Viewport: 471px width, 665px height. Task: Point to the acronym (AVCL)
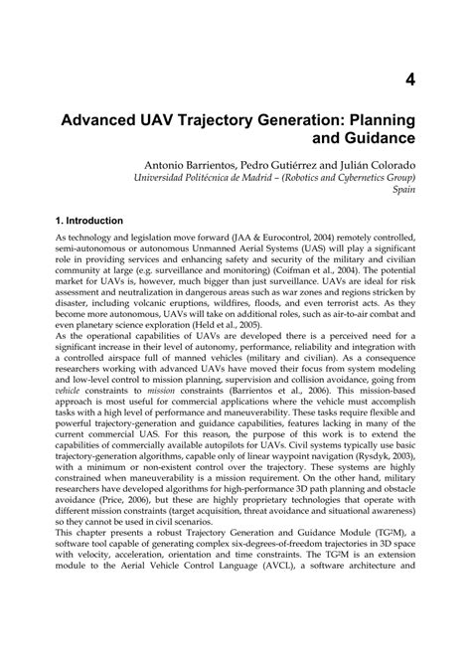304,653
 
